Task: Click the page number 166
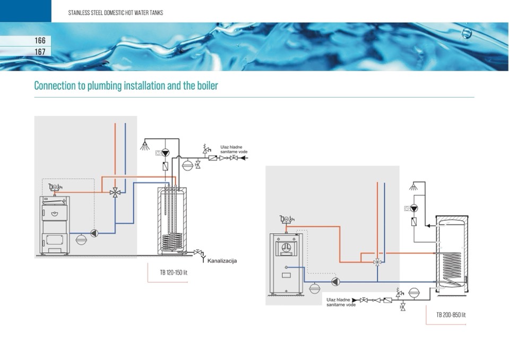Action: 40,40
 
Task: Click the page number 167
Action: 40,52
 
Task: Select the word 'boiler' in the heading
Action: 206,85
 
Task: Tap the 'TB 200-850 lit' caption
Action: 451,315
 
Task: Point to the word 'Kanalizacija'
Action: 222,261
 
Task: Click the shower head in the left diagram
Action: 144,145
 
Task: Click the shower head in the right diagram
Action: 414,187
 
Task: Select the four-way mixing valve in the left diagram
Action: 115,193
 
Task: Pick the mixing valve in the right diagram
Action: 377,262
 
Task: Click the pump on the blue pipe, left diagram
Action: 94,233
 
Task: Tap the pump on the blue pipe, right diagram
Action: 335,281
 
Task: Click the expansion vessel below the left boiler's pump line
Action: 81,239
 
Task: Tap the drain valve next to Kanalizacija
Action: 198,252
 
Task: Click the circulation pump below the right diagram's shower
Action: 414,208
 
